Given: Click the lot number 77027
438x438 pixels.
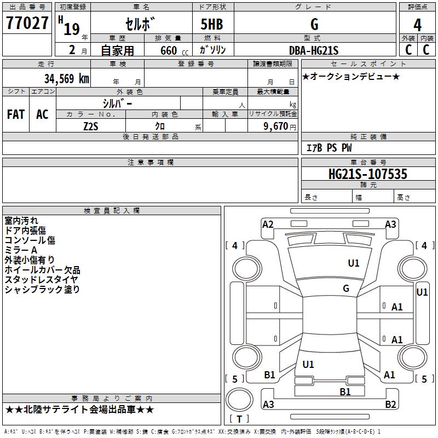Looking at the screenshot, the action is coord(27,23).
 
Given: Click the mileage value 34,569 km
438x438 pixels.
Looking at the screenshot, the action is coord(67,78).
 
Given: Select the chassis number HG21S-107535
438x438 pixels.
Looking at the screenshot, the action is coord(367,174).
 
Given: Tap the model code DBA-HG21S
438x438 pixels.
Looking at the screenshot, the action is coord(314,50).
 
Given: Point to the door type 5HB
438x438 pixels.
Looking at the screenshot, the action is coord(212,24).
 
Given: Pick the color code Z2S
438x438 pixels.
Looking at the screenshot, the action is coord(91,126).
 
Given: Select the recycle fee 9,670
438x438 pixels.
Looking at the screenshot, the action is coord(276,126).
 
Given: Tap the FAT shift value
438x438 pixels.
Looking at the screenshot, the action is coord(16,114).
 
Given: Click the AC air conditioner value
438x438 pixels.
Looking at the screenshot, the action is coord(42,114).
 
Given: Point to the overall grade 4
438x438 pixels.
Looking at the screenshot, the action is coord(417,25).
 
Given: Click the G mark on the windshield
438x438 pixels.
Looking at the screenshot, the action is coord(346,289).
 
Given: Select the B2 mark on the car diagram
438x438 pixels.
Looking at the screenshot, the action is coord(390,404).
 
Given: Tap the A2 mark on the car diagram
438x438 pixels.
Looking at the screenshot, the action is coord(268,224).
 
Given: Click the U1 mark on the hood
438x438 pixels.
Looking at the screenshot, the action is coord(353,263).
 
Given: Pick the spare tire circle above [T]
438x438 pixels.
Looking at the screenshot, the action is coord(239,400).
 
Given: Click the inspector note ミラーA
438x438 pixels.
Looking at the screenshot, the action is coord(21,250).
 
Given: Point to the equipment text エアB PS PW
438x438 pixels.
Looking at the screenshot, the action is coord(329,148).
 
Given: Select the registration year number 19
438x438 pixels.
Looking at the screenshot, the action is coord(72,30).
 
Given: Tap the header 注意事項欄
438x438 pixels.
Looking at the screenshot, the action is coord(151,163).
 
